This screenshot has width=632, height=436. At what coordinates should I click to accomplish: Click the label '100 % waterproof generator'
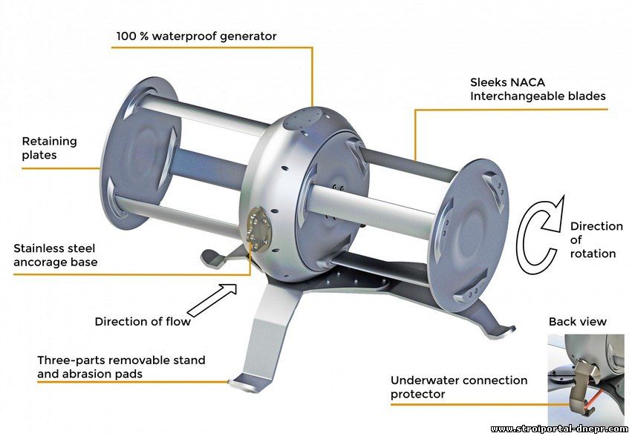point(196,36)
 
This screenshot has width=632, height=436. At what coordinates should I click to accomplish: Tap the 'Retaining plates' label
point(49,148)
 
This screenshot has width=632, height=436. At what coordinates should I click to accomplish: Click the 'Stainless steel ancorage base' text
point(55,255)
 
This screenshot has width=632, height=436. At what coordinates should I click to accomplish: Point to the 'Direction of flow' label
point(143,321)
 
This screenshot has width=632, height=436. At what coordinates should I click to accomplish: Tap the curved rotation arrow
point(539,235)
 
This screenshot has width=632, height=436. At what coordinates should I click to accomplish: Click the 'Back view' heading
point(577,321)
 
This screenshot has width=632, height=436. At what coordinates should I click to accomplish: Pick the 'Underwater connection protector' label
point(459,387)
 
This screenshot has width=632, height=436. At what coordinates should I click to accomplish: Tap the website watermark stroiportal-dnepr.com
point(559,429)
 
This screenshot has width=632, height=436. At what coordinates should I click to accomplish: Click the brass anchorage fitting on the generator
point(258,230)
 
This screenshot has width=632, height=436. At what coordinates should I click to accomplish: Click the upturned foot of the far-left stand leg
point(213,258)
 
